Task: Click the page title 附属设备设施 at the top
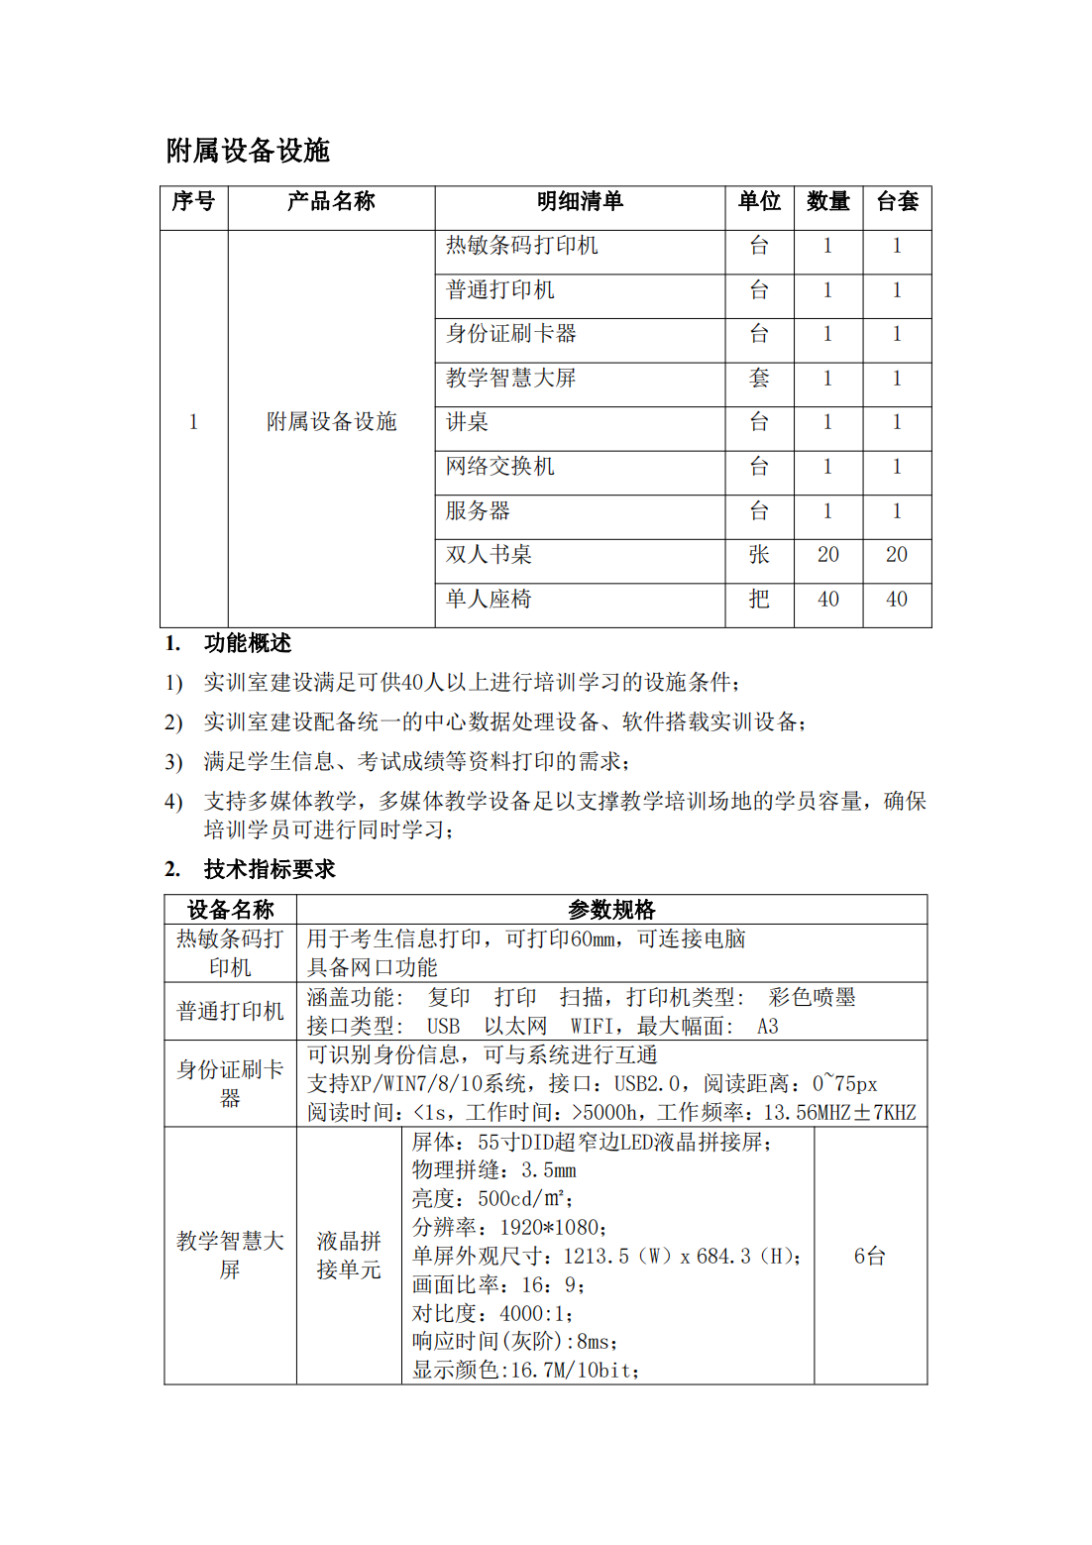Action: tap(248, 151)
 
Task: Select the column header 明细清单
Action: tap(580, 202)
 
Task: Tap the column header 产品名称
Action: tap(331, 202)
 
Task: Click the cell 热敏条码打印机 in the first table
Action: tap(522, 246)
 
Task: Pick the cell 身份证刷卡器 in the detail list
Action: tap(511, 334)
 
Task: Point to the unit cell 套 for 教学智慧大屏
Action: tap(759, 379)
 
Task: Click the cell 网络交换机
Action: tap(500, 467)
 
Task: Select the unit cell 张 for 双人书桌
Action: tap(759, 555)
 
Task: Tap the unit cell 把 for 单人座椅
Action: tap(759, 600)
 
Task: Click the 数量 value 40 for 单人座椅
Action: tap(828, 600)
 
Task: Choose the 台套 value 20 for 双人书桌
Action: tap(897, 555)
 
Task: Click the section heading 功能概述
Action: tap(248, 644)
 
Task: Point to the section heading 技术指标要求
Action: tap(270, 870)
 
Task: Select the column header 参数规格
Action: tap(611, 910)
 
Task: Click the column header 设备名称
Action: tap(230, 910)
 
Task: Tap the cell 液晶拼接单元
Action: tap(349, 1256)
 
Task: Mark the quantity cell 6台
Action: tap(870, 1257)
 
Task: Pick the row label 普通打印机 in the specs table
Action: tap(230, 1012)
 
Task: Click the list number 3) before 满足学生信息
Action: tap(173, 762)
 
